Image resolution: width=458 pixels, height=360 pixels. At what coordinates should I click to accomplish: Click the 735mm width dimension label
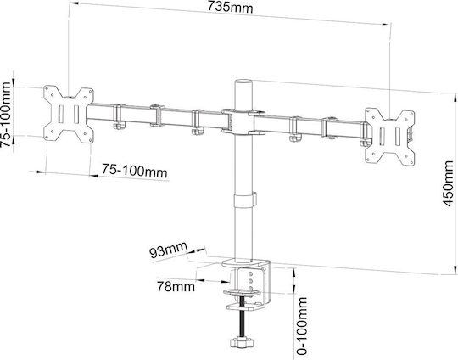click(230, 7)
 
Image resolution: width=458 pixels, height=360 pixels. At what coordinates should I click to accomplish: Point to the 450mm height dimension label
click(449, 183)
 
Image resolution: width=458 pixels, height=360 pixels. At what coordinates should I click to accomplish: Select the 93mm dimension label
click(168, 250)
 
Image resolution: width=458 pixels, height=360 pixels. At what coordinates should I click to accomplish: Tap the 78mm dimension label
click(176, 287)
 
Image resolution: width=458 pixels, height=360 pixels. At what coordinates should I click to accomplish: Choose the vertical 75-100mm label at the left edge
click(6, 115)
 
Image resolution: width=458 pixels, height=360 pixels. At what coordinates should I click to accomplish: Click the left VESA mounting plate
click(69, 115)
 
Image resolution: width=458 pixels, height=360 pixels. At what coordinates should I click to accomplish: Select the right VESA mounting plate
click(389, 137)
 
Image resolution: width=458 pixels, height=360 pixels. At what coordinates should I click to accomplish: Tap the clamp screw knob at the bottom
click(242, 342)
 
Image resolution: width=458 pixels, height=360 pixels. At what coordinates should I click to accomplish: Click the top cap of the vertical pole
click(243, 82)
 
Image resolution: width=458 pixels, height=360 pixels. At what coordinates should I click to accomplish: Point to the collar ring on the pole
click(245, 200)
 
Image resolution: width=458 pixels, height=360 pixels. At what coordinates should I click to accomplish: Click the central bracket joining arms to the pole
click(243, 122)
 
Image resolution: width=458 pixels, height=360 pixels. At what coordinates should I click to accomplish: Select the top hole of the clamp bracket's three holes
click(250, 274)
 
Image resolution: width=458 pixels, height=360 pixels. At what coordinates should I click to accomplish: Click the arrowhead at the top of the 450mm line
click(455, 98)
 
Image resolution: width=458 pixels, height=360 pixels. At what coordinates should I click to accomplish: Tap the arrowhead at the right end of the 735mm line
click(386, 25)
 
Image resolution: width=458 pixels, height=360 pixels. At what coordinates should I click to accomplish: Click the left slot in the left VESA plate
click(60, 115)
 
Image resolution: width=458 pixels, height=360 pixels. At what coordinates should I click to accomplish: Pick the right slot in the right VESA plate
click(398, 137)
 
